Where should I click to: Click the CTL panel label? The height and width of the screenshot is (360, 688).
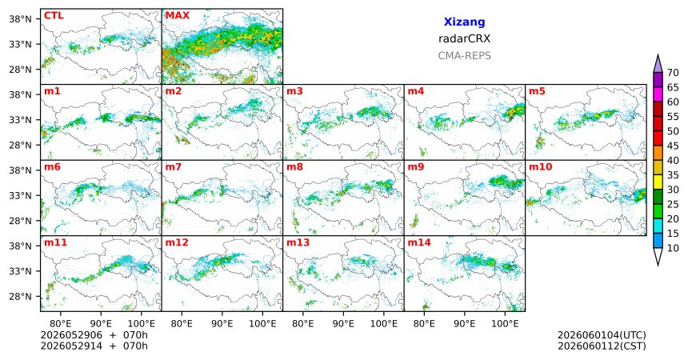(54, 16)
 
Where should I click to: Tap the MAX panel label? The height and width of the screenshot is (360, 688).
(178, 16)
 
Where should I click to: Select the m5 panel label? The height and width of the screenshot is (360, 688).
(537, 91)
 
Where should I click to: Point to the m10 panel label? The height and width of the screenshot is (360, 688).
(541, 167)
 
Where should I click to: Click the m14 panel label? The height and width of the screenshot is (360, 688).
(419, 242)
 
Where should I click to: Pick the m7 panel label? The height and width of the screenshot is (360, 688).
(174, 167)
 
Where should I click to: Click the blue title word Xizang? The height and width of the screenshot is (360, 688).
(464, 22)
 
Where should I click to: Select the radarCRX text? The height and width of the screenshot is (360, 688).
(464, 38)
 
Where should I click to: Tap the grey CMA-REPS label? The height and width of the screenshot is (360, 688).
(464, 56)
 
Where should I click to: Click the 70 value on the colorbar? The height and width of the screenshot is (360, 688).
(673, 73)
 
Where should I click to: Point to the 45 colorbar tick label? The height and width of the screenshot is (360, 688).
(673, 146)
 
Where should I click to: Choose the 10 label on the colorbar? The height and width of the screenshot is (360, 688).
(673, 248)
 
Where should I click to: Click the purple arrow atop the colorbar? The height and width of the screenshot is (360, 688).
(658, 64)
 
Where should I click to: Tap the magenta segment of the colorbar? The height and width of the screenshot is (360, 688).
(658, 94)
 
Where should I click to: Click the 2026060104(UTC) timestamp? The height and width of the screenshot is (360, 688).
(602, 335)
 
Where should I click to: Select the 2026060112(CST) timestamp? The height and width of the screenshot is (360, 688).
(602, 346)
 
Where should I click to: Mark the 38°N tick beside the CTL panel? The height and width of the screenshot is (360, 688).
(21, 19)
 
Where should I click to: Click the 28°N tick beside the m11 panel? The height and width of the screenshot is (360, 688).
(21, 296)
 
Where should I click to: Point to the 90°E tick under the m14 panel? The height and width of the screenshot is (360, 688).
(464, 324)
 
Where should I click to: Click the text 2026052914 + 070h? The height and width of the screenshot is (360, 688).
(94, 346)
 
